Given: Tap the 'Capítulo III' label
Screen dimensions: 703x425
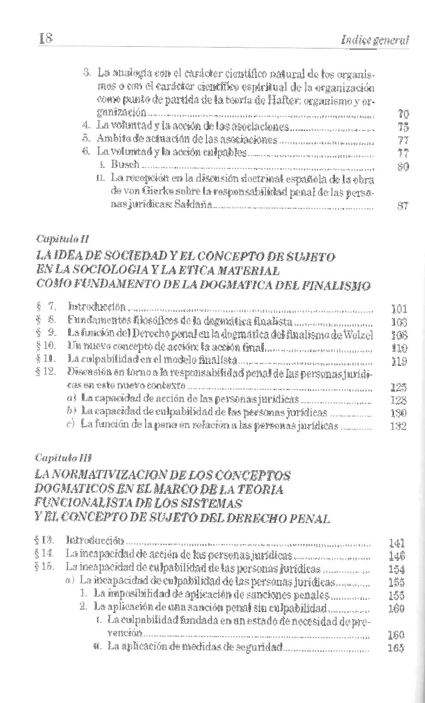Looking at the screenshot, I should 63,458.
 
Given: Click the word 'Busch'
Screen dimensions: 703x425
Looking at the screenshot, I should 125,165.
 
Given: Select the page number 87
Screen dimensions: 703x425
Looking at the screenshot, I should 403,206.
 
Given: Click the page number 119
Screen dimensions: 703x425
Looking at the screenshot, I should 399,362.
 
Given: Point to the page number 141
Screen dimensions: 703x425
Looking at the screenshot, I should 397,543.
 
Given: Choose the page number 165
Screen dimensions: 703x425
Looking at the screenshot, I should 396,648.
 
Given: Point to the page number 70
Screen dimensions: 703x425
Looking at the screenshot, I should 403,115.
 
